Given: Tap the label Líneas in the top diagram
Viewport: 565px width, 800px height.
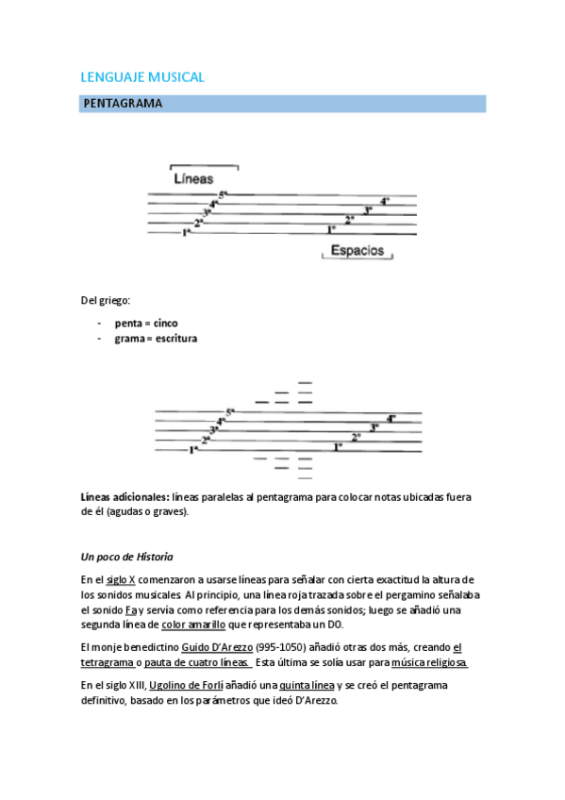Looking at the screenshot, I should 193,178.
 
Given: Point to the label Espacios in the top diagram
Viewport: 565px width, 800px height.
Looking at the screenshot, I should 357,251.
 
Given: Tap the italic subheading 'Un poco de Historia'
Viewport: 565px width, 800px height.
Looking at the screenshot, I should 127,557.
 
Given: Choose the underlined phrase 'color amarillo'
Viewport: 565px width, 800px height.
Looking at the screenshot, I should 194,625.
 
